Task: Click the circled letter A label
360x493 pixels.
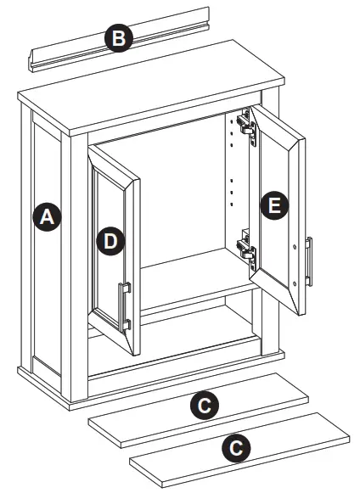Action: pyautogui.click(x=48, y=217)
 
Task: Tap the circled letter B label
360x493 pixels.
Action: pyautogui.click(x=119, y=38)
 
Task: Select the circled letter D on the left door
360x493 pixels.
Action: pyautogui.click(x=110, y=241)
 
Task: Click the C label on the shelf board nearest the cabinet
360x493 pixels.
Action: pyautogui.click(x=202, y=406)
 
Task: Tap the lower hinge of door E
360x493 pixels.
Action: pyautogui.click(x=245, y=248)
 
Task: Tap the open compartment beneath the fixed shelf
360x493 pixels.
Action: pyautogui.click(x=200, y=327)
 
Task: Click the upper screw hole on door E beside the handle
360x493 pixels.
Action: pyautogui.click(x=295, y=247)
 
